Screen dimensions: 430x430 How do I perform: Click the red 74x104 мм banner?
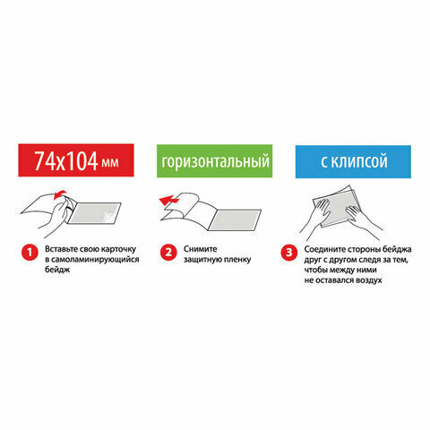[76, 160]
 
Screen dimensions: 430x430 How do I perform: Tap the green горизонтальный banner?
[214, 161]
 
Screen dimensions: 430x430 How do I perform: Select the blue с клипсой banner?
[353, 161]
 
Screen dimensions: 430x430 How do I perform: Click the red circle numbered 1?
[30, 253]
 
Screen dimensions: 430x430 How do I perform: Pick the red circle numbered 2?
[168, 253]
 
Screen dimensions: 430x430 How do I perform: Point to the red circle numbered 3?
[289, 253]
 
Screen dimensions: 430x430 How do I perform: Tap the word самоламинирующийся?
[92, 260]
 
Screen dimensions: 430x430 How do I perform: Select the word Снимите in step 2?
[200, 249]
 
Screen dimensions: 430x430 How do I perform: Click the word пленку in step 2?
[236, 260]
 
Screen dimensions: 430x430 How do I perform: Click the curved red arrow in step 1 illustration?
[59, 194]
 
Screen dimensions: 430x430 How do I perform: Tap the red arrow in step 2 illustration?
[169, 200]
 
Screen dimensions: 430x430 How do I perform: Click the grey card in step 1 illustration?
[94, 213]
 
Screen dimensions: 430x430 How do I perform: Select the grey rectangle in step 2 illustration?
[235, 220]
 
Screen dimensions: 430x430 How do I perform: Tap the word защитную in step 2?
[202, 260]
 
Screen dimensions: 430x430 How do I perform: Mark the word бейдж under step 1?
[57, 270]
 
